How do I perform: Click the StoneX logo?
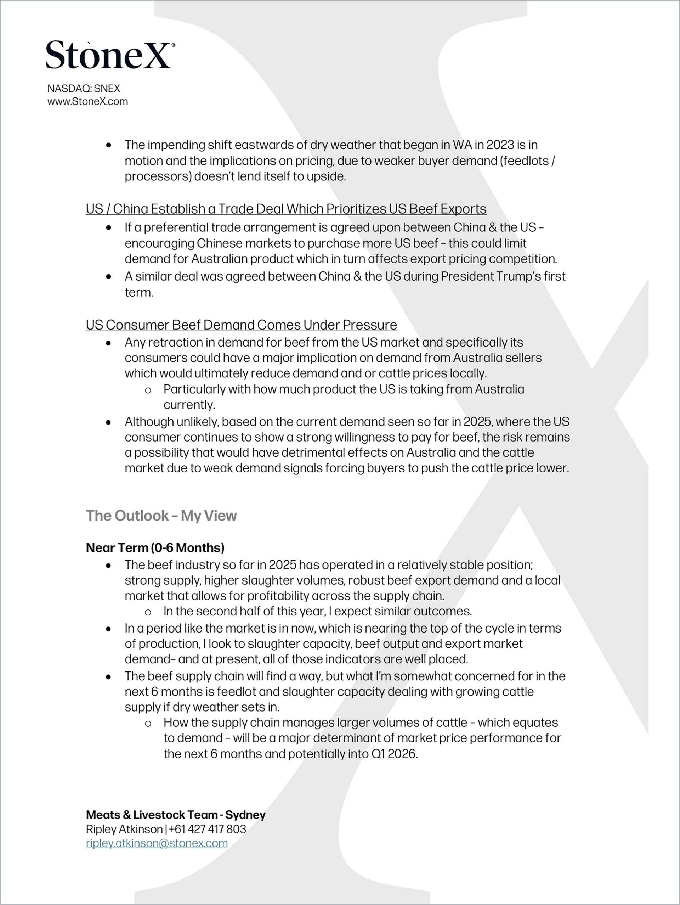109,55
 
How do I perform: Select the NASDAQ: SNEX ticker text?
84,88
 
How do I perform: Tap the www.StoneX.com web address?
87,101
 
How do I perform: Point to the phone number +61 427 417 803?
207,829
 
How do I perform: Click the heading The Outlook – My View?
161,516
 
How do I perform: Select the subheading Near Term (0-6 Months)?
155,547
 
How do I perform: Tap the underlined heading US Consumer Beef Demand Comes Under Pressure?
241,325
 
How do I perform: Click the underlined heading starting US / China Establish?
286,209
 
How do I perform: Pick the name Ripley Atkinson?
124,829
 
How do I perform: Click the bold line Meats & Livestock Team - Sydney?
175,815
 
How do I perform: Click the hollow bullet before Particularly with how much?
148,390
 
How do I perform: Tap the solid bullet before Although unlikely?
108,422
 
